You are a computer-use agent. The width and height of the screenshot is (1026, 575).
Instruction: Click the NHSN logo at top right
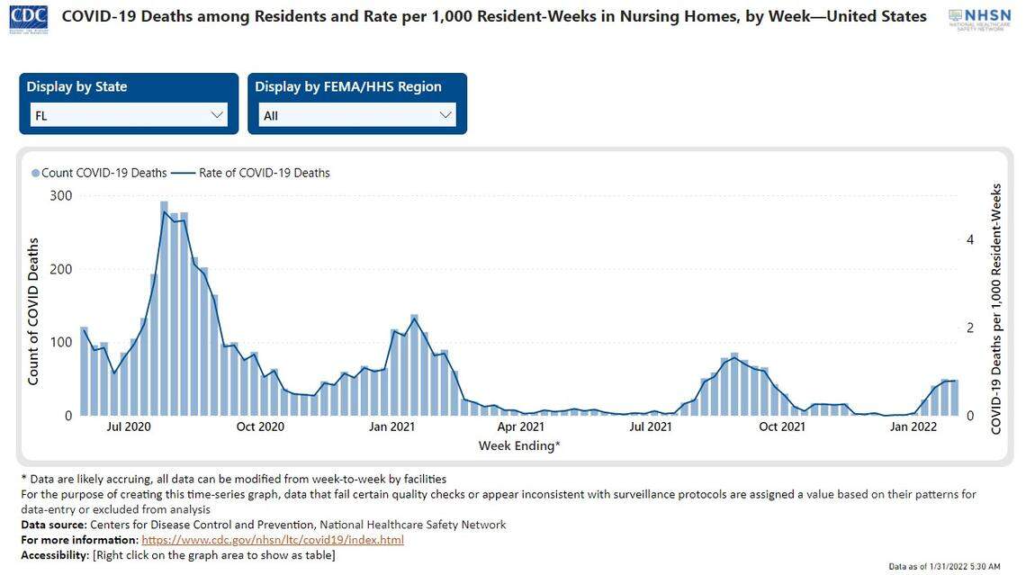[979, 18]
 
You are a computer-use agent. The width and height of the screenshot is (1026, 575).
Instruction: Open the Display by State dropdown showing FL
[128, 115]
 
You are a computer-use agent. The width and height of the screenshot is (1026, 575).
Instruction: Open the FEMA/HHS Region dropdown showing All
[356, 115]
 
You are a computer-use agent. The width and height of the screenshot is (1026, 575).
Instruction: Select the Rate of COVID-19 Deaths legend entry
[255, 173]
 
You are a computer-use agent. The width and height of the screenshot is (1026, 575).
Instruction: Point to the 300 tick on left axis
[60, 195]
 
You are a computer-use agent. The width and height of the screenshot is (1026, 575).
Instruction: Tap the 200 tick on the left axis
[60, 269]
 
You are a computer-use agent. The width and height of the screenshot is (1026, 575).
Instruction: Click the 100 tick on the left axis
[60, 342]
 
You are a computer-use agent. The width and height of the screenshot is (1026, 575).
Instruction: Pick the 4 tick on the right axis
[970, 239]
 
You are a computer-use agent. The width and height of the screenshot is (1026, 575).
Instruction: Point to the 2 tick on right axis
[970, 328]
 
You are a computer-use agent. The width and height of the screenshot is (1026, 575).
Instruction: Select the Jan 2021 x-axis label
[391, 427]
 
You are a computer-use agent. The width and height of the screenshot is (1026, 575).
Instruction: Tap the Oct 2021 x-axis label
[781, 427]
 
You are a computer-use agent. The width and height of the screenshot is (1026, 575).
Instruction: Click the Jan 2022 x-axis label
[913, 427]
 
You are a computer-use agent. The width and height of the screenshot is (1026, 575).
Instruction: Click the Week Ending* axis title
[518, 445]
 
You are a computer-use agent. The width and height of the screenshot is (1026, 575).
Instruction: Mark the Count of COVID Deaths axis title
[33, 311]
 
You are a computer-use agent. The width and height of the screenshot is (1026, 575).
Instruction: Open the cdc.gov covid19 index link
[273, 540]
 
